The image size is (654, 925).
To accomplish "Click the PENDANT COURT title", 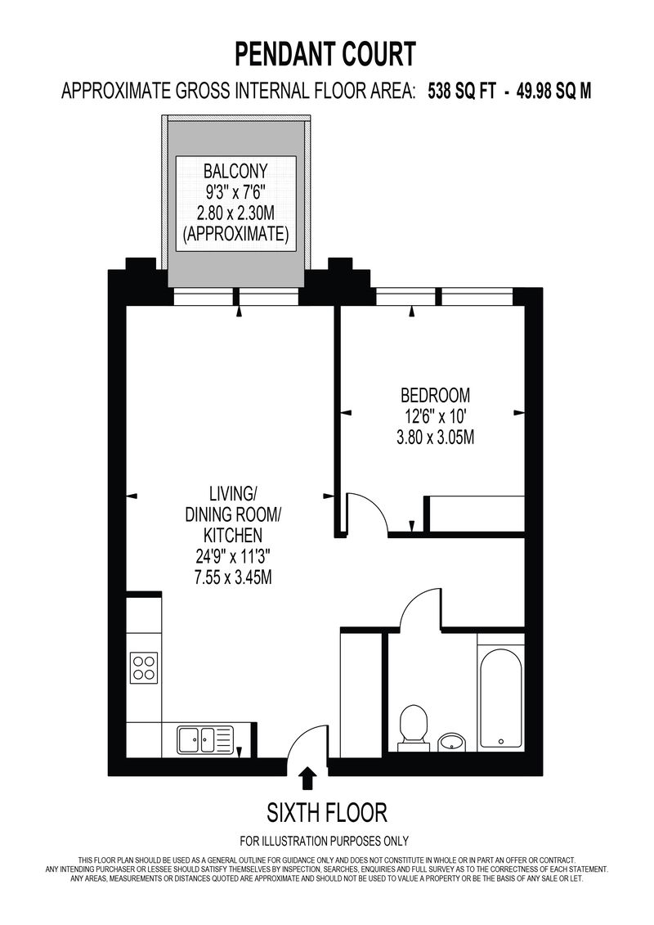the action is click(x=325, y=54).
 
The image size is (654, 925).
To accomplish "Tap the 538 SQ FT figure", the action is click(x=462, y=92).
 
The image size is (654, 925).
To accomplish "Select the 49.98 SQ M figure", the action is click(x=553, y=92).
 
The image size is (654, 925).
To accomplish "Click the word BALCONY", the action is click(x=235, y=171).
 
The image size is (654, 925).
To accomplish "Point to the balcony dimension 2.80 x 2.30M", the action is click(x=235, y=213).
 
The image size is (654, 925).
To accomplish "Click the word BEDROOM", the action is click(x=435, y=394).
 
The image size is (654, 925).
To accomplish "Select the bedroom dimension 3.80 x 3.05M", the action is click(x=435, y=437).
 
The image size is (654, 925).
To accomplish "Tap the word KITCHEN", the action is click(x=232, y=535).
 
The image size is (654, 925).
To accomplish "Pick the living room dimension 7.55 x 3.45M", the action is click(x=232, y=577).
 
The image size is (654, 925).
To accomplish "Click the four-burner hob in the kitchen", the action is click(x=145, y=668).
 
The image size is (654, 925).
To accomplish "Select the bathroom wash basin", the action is click(x=452, y=741).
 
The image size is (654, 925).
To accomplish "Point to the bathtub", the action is click(x=500, y=699).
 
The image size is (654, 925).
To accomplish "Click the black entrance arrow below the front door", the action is click(x=307, y=778).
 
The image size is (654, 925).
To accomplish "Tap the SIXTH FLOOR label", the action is click(x=327, y=813).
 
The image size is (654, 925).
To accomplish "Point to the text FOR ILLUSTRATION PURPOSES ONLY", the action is click(x=324, y=841).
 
